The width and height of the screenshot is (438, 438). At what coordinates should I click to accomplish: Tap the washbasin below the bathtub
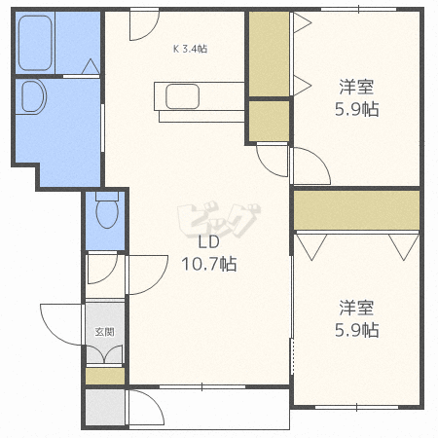pos(33,98)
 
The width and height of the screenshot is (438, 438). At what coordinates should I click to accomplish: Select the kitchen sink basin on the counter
pos(182,96)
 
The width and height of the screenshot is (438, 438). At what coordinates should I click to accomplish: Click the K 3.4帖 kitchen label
pos(190,48)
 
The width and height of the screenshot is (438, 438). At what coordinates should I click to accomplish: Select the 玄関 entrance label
pos(104,331)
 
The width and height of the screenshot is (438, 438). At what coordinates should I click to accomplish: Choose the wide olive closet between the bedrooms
pos(355,209)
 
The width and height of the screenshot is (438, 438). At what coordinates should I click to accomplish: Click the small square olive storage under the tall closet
pos(268,120)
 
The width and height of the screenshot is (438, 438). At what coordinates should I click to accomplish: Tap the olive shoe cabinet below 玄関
pos(104,375)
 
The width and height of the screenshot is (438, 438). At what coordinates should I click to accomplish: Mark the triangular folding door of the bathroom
pos(90,66)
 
